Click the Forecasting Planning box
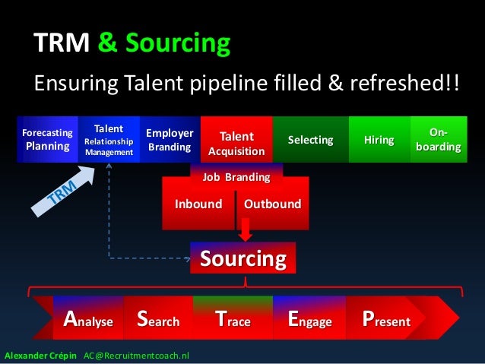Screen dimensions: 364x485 click(x=48, y=139)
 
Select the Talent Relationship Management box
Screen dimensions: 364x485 click(x=109, y=139)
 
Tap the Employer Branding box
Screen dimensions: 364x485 click(x=170, y=139)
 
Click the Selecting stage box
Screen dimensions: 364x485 click(x=310, y=140)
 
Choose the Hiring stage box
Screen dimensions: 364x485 click(x=379, y=140)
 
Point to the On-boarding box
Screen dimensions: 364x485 click(x=437, y=140)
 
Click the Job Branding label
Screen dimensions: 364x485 click(x=236, y=177)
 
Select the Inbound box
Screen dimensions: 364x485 click(x=198, y=204)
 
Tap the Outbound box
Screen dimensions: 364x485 click(x=272, y=204)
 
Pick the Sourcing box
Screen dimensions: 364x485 click(x=242, y=259)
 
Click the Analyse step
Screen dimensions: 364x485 click(x=88, y=320)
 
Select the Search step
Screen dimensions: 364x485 click(x=157, y=320)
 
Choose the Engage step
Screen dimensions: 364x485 click(x=310, y=320)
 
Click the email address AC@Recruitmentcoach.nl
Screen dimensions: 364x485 click(x=137, y=355)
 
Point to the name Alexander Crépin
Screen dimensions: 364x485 click(x=40, y=355)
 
